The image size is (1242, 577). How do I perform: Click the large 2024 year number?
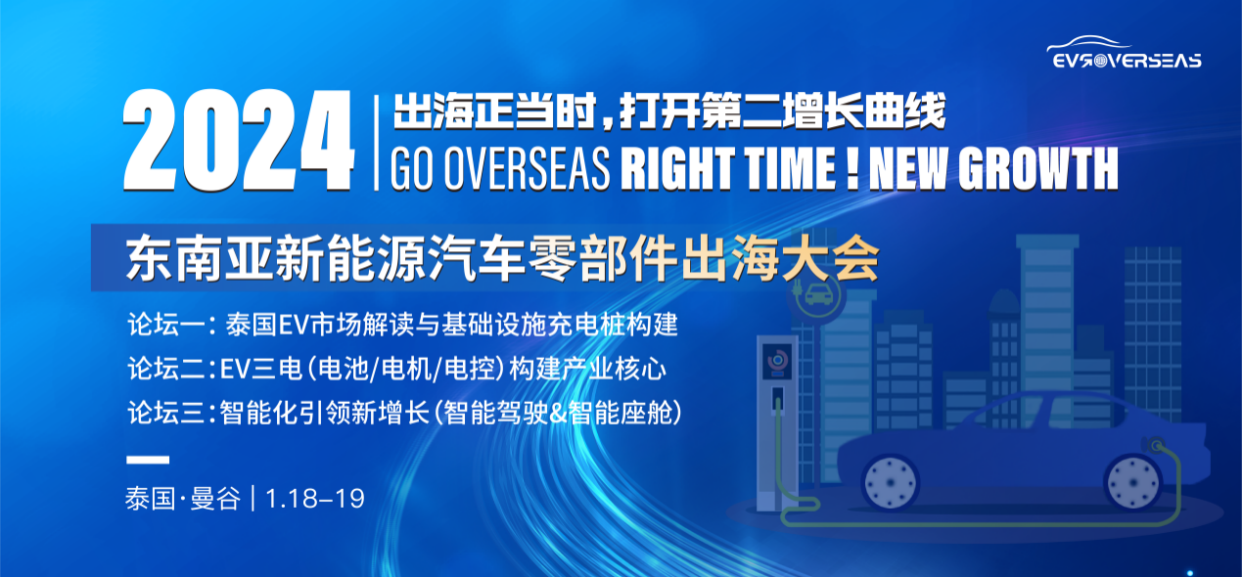pos(238,142)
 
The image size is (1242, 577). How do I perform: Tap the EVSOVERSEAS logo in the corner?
pos(1125,54)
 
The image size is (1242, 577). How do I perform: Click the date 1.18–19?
pos(315,498)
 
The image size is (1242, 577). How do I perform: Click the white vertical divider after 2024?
pos(377,142)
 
